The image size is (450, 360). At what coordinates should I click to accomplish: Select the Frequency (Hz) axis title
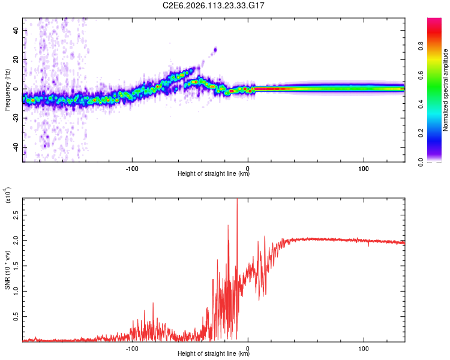coord(7,90)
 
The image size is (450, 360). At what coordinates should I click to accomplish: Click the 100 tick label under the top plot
coord(364,168)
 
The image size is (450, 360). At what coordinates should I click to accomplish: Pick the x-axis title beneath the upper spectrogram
coord(214,174)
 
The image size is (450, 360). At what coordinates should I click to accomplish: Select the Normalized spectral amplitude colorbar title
coord(446,90)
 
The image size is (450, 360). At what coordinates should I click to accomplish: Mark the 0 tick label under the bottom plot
coord(248,348)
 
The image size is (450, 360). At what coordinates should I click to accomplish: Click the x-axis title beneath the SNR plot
coord(214,354)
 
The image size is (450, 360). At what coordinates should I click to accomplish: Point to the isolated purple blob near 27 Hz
coord(215,50)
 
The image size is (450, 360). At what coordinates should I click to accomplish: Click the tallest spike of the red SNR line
coord(237,199)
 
